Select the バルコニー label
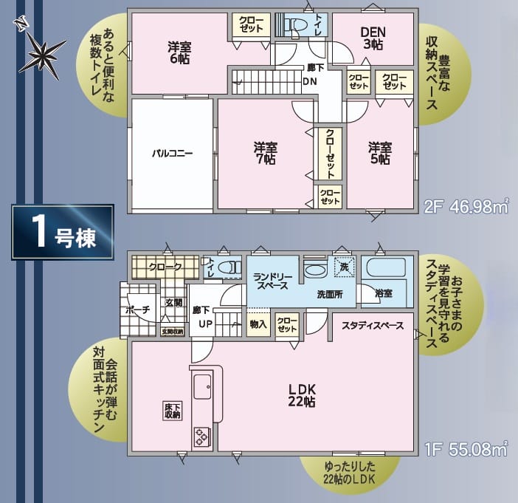point(172,154)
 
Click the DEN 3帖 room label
point(373,38)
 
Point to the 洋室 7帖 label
point(264,154)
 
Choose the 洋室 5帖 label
point(380,154)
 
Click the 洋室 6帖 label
point(178,53)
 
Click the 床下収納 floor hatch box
point(172,410)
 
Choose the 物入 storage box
point(258,324)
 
